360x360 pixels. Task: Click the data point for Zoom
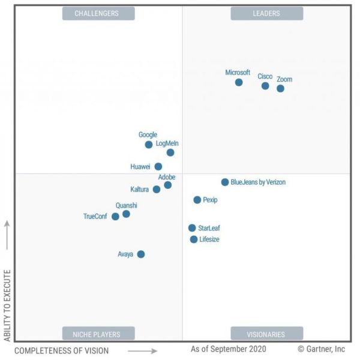tap(280, 89)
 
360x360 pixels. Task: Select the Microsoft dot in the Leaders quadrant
tap(239, 82)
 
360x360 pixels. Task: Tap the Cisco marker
tap(265, 86)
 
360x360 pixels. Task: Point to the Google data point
tap(149, 145)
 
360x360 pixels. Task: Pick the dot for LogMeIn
tap(170, 152)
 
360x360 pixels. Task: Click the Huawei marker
tap(158, 167)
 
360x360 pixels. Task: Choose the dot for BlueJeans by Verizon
tap(225, 182)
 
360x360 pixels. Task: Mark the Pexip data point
tap(197, 200)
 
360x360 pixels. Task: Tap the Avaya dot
tap(141, 254)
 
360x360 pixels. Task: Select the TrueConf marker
tap(115, 217)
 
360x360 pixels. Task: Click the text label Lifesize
tap(209, 239)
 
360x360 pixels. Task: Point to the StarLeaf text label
tap(209, 228)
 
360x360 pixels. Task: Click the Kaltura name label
tap(140, 190)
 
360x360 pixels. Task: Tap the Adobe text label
tap(167, 177)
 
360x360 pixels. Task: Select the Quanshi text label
tap(126, 205)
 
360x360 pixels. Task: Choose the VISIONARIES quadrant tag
tap(266, 334)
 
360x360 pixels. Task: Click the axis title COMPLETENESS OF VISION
tap(62, 350)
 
